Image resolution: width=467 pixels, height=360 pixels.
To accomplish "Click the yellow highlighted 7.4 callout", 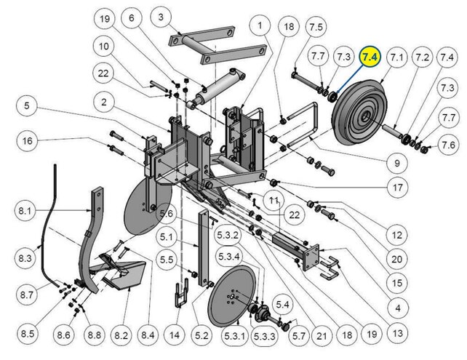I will click(371, 57).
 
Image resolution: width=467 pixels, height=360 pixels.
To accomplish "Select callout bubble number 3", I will click(161, 17).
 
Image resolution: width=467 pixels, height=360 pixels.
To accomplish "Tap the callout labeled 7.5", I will click(316, 28).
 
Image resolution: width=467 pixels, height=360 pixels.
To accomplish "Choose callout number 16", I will click(28, 140).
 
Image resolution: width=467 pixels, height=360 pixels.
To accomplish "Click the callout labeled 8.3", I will click(26, 257).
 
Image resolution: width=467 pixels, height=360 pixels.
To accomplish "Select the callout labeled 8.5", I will click(28, 334).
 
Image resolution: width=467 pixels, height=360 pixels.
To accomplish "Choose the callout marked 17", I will click(397, 188).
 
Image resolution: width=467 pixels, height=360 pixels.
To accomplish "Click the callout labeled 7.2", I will click(422, 57).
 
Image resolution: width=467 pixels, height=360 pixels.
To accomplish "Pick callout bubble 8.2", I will click(121, 335).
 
